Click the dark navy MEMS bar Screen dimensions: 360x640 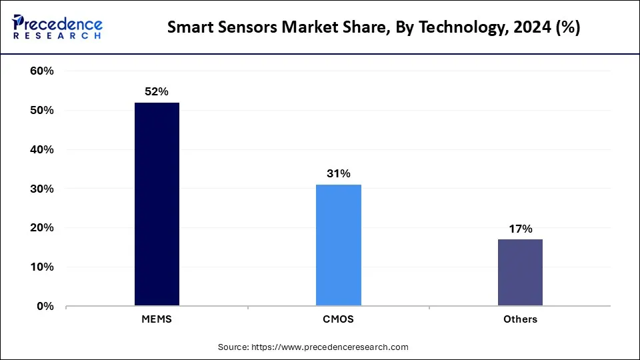(x=157, y=204)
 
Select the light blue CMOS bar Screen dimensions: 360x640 (x=339, y=245)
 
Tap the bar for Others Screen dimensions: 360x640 (x=520, y=273)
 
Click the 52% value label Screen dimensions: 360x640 (x=157, y=92)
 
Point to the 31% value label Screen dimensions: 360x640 (x=339, y=174)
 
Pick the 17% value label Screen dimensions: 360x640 (x=520, y=229)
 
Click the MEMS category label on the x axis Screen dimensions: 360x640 (x=157, y=319)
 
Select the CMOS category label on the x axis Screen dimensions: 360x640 (x=339, y=319)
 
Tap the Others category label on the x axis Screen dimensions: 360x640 (x=520, y=319)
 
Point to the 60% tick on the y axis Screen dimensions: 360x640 (x=41, y=71)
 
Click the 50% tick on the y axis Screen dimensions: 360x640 (x=41, y=111)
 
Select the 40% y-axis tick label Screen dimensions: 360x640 (x=41, y=150)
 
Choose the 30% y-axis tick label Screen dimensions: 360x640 (x=41, y=189)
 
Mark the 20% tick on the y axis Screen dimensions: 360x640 (x=41, y=228)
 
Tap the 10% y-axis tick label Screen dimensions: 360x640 (x=41, y=267)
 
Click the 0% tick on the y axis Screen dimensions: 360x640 (x=45, y=307)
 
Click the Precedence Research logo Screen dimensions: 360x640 (x=57, y=27)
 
